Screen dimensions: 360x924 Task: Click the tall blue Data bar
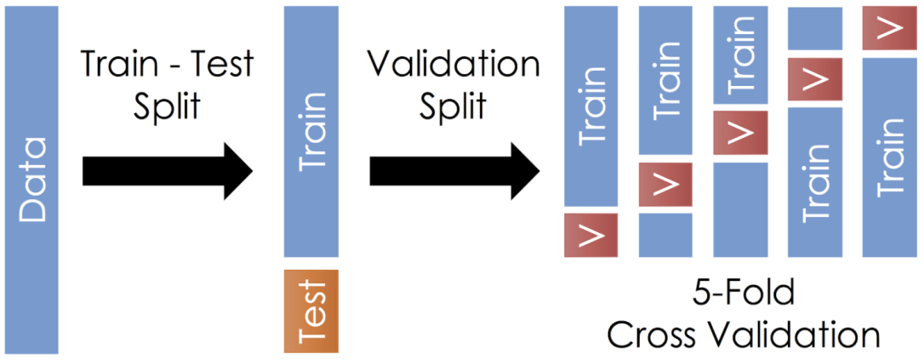coord(31,180)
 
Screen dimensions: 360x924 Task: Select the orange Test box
coord(311,311)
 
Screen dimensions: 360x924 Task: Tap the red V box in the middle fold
coord(739,132)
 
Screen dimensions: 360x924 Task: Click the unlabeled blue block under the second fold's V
coord(664,235)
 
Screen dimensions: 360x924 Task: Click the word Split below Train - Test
coord(167,107)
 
